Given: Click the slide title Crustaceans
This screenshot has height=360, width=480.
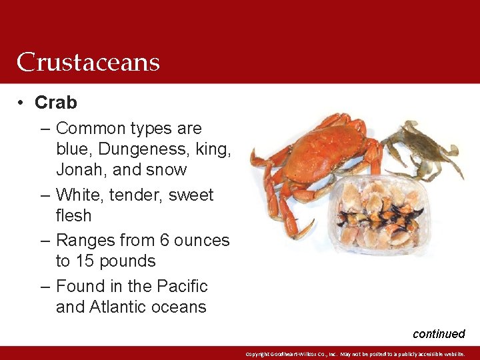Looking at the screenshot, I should click(x=88, y=62).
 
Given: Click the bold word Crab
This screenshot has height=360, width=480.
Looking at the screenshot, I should click(x=56, y=103).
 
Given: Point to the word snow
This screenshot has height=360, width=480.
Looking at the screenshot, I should click(x=167, y=170).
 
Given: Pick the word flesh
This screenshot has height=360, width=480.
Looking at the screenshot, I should click(x=74, y=216).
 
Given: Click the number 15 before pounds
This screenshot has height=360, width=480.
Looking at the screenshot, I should click(x=90, y=261).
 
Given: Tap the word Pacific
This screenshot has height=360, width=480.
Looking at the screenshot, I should click(x=182, y=287).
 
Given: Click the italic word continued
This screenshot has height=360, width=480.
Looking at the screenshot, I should click(x=439, y=334).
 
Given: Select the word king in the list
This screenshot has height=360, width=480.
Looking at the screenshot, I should click(x=213, y=149).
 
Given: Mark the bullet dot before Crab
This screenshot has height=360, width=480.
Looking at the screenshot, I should click(x=22, y=103).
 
